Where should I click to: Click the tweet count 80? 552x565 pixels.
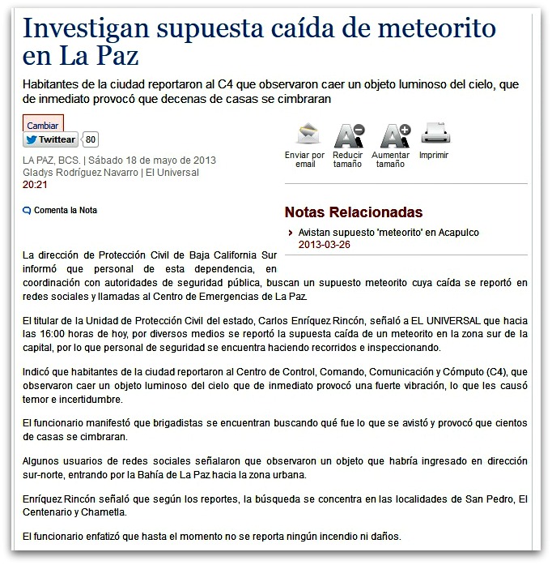coord(91,139)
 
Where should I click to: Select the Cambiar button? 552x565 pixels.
coord(42,125)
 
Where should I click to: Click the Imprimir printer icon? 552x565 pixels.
coord(434,132)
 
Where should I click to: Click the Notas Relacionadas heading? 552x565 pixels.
coord(353,212)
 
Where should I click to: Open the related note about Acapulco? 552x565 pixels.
coord(389,233)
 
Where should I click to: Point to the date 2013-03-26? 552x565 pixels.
coord(324,244)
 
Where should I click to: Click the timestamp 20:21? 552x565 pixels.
coord(34,184)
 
